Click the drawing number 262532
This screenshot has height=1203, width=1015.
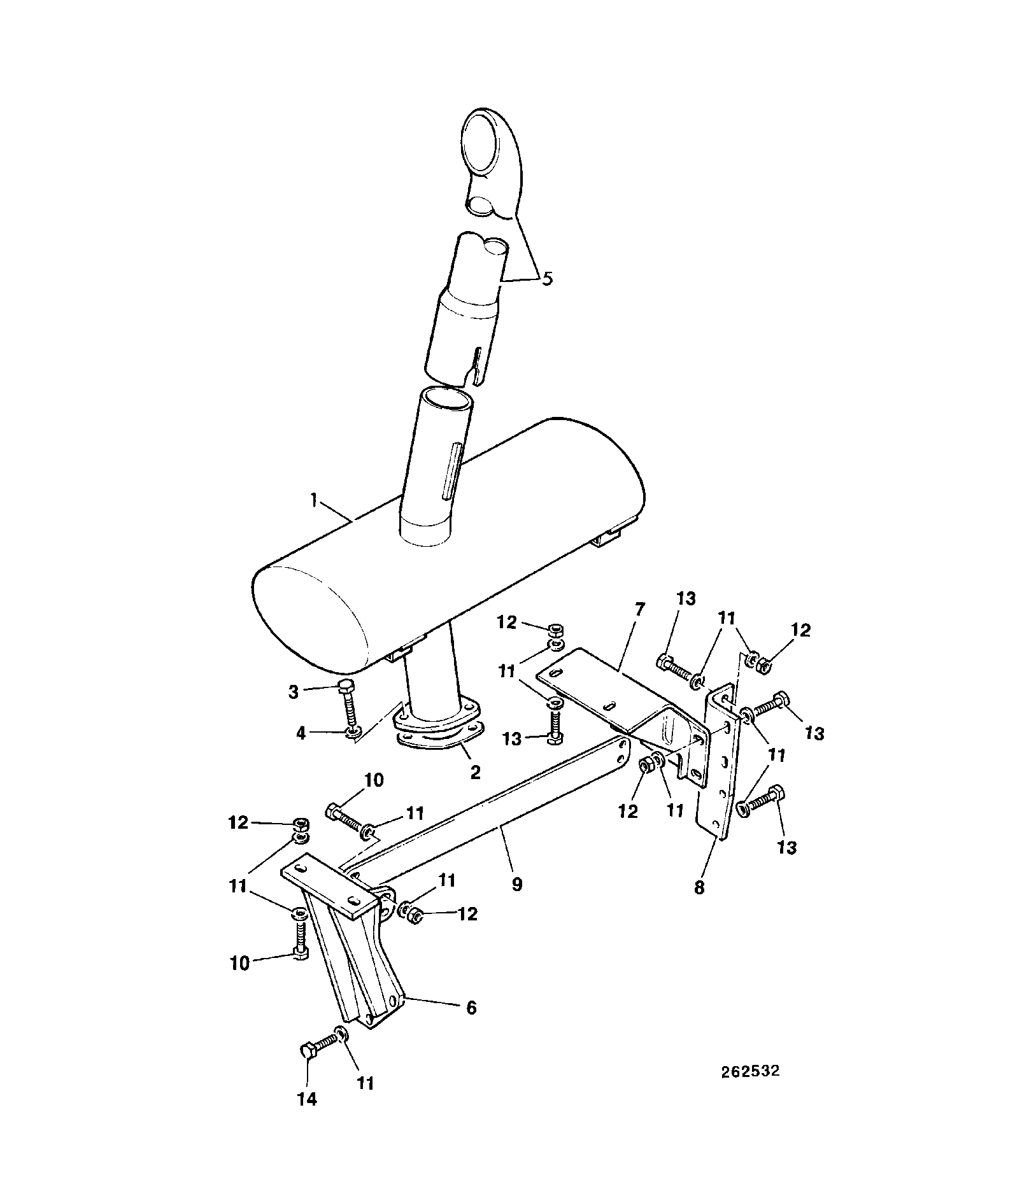(750, 1071)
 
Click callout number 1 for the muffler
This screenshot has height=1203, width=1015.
(314, 501)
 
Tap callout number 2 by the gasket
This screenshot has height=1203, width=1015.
(475, 772)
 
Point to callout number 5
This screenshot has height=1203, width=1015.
(547, 278)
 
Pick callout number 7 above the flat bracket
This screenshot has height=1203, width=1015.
(639, 609)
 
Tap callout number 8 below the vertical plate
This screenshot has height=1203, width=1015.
(700, 887)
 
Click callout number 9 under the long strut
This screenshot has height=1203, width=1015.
(516, 883)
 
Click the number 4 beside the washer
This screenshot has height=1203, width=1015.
(301, 733)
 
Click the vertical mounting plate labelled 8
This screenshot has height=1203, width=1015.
(720, 763)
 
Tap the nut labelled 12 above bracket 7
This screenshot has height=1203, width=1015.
(555, 631)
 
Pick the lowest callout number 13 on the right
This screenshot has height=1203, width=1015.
(787, 848)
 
